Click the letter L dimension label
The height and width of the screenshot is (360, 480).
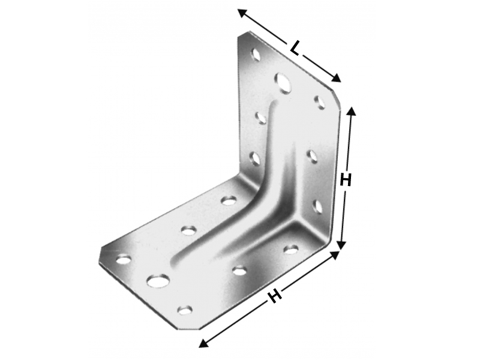[295, 49]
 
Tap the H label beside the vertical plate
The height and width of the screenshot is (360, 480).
[346, 180]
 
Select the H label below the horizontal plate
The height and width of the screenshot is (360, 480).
[275, 296]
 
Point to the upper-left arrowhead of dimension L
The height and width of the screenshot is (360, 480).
[242, 13]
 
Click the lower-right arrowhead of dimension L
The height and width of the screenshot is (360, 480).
[336, 79]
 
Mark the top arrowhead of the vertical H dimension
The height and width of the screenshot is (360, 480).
[352, 111]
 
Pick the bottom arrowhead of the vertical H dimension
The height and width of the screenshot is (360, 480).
[341, 244]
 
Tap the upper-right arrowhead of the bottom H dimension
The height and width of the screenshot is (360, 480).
[335, 255]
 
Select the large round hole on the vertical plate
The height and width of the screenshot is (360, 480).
[283, 83]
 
